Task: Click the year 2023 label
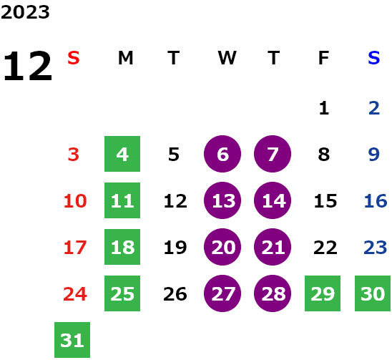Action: coord(25,12)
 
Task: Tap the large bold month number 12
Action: coord(28,66)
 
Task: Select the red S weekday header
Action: coord(74,58)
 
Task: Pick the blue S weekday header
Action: coord(374,58)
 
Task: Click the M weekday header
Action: coord(125,58)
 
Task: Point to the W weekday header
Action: coord(227,58)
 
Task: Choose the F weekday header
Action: coord(324,58)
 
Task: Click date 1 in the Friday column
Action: coord(324,108)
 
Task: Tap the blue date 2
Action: coord(374,108)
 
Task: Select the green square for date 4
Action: coord(122,154)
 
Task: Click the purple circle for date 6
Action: coord(222,154)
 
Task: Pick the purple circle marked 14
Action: coord(273,200)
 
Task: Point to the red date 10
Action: coord(75,200)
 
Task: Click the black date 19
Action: coord(175,248)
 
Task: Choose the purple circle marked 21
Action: coord(273,247)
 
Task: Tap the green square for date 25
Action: coord(122,293)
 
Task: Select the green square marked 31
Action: coord(72,340)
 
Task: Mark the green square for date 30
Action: coord(373,293)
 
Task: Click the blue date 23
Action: coord(376,248)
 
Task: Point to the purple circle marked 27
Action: coord(222,293)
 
